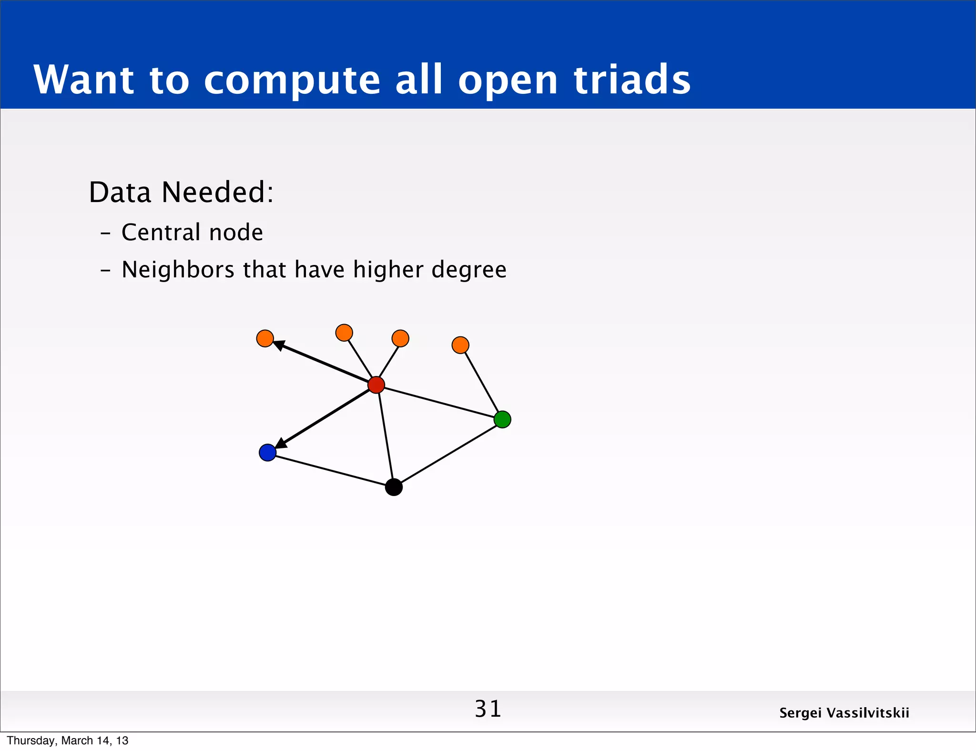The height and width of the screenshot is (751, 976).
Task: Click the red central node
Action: point(376,385)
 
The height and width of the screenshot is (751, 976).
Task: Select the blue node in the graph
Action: point(267,452)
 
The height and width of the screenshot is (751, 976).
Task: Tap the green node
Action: point(502,419)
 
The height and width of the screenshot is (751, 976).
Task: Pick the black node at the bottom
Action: point(394,487)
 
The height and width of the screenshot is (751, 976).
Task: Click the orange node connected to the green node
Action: point(460,345)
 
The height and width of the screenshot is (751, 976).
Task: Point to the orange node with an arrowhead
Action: point(265,338)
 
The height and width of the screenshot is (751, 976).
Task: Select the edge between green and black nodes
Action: point(448,453)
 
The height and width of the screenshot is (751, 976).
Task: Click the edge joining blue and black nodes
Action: point(330,470)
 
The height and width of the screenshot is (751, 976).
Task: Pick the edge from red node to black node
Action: point(385,436)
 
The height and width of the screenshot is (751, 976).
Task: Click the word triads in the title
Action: point(632,80)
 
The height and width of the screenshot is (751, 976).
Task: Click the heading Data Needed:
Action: point(181,193)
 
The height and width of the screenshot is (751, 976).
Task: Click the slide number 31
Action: point(488,709)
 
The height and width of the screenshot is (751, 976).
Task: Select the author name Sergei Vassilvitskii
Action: point(844,713)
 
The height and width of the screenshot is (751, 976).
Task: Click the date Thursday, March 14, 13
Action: point(68,741)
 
